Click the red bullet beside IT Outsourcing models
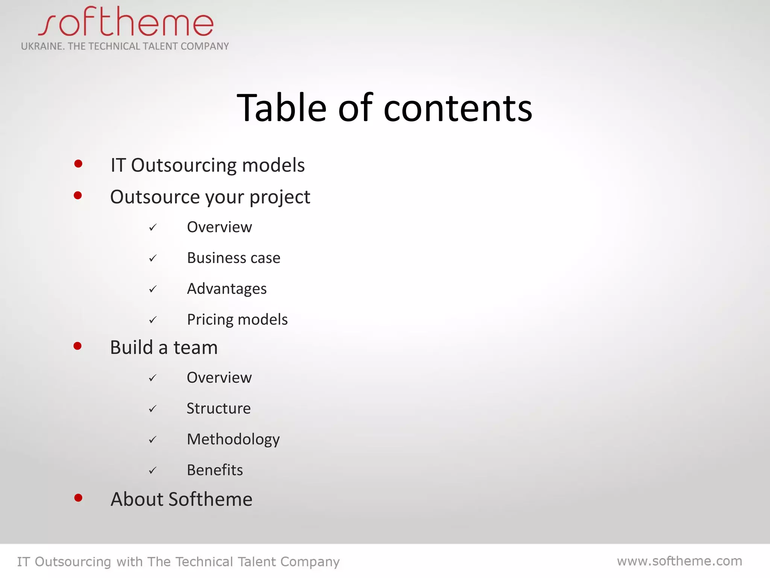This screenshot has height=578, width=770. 78,164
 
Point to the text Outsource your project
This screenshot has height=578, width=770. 210,197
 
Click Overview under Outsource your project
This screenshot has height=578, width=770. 219,227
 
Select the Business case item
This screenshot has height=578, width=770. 233,258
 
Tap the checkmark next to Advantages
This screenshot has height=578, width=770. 153,289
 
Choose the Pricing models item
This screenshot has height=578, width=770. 237,320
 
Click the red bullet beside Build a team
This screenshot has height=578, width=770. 77,346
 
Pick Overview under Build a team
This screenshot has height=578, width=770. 219,378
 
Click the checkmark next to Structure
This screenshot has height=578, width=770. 152,409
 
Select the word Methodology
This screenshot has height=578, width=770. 233,440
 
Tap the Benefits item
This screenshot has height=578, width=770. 215,470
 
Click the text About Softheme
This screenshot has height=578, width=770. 181,500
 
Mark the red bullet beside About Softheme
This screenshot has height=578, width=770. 78,498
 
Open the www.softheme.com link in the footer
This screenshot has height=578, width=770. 679,561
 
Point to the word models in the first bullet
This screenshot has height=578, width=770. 273,166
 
